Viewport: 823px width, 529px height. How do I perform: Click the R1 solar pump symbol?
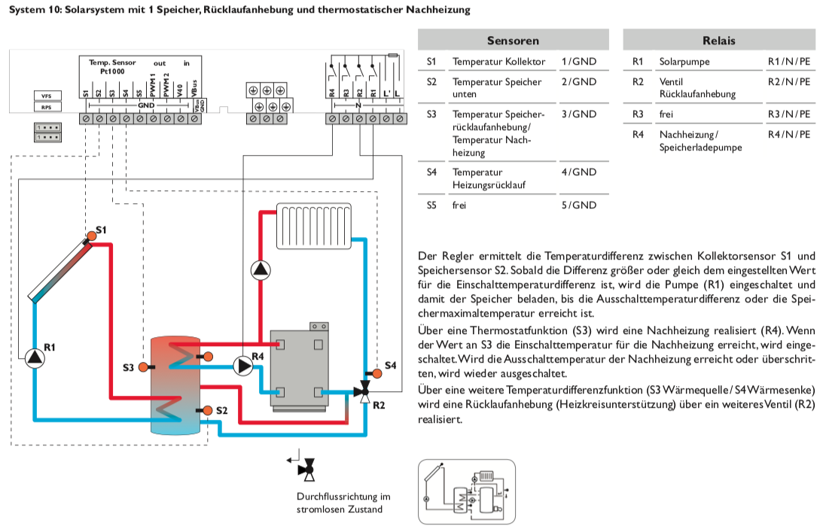34,358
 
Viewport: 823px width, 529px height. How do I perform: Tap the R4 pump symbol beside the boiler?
242,366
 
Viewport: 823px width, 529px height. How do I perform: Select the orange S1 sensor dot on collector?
91,236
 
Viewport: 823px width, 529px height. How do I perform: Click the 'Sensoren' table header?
513,41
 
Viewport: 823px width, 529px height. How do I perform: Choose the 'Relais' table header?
718,41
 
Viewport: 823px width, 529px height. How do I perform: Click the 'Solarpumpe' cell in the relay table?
684,61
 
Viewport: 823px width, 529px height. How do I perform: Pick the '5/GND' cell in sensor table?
578,205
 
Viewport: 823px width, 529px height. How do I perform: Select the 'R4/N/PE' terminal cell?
788,134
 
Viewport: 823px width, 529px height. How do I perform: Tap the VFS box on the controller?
46,96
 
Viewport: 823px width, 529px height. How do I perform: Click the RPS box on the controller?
46,108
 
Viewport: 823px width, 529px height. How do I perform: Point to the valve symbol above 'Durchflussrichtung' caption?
306,469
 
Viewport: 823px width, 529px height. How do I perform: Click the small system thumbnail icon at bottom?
466,491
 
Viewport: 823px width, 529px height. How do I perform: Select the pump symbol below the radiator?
261,269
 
